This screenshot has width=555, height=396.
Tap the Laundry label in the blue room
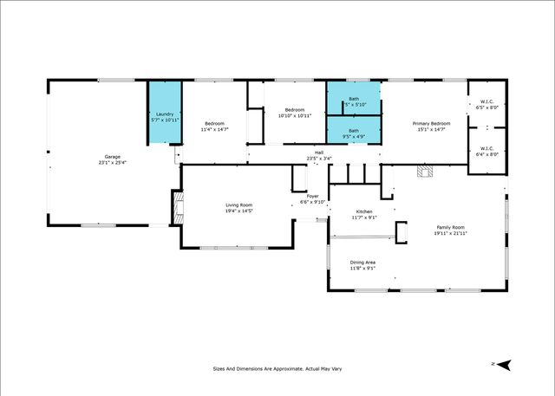(x=165, y=114)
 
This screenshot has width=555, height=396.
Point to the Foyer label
(x=310, y=196)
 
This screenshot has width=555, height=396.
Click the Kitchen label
(x=364, y=211)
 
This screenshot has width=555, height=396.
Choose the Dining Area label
(x=362, y=263)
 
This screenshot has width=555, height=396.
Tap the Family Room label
(x=450, y=228)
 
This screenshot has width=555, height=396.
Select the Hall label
(x=319, y=153)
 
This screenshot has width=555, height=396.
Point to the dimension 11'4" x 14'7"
(x=214, y=129)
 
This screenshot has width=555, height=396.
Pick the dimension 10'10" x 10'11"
(x=295, y=115)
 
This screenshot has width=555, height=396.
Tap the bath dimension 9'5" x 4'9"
(x=354, y=136)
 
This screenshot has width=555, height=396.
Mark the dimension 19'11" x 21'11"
(x=450, y=234)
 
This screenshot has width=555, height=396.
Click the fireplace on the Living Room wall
(x=178, y=208)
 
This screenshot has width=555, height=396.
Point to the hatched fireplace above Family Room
(x=424, y=171)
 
